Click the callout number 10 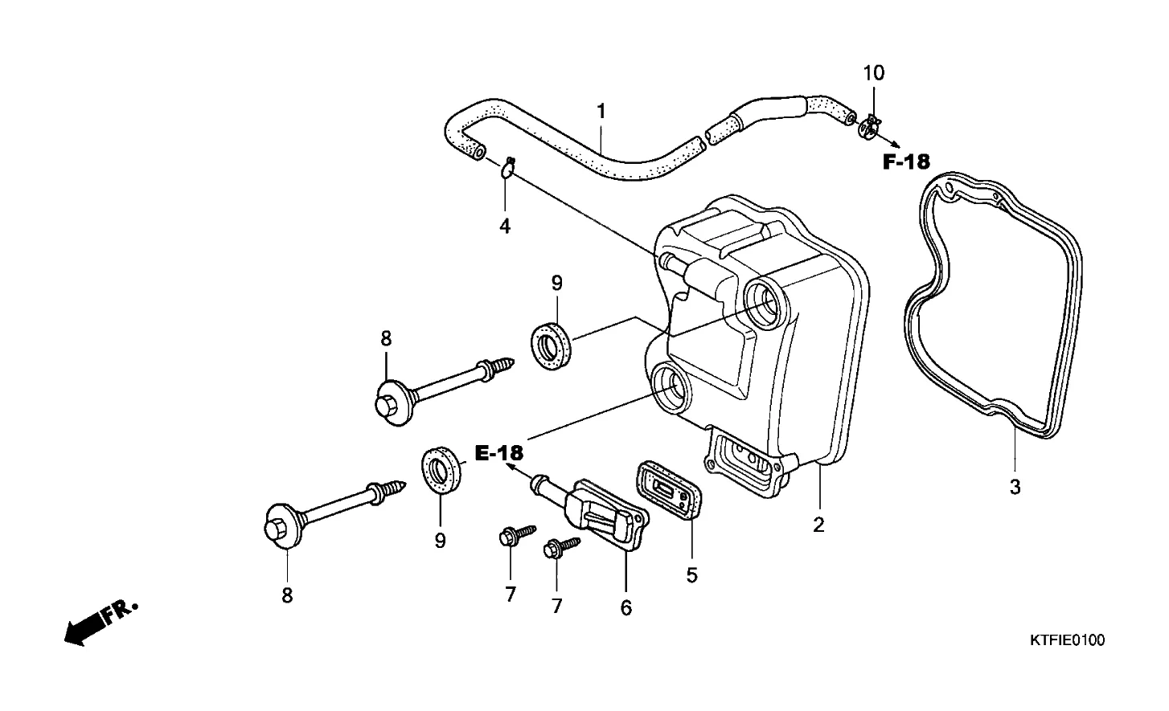[x=874, y=73]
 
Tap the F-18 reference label [x=906, y=162]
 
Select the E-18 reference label [x=499, y=453]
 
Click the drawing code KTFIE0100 [x=1067, y=640]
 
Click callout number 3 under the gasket [x=1015, y=487]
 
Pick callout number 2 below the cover [x=818, y=525]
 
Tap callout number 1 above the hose [x=601, y=111]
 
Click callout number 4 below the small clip [x=505, y=227]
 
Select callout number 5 [x=691, y=575]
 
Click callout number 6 [x=626, y=607]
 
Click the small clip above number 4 [x=508, y=168]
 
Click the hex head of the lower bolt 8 [x=276, y=528]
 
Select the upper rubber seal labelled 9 [x=551, y=346]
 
